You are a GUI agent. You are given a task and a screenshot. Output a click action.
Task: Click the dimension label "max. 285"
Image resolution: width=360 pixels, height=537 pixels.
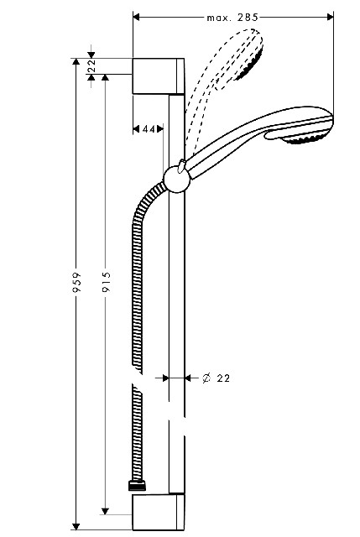(x=232, y=18)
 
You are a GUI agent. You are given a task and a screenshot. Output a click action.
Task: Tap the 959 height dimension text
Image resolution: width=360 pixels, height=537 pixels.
(x=78, y=282)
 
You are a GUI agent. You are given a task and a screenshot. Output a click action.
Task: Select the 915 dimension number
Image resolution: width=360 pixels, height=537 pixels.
(x=107, y=282)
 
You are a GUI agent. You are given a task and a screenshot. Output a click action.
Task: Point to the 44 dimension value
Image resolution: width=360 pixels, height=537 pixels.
(x=148, y=129)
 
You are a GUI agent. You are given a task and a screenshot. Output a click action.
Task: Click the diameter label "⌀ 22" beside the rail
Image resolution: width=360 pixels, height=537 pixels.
(x=217, y=378)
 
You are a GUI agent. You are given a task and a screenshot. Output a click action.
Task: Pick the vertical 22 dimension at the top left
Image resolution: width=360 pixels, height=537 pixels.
(x=91, y=65)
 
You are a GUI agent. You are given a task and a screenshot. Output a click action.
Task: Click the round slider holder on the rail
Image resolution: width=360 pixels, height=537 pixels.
(x=177, y=180)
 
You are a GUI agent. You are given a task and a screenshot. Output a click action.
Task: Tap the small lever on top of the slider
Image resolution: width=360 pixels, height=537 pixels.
(x=181, y=165)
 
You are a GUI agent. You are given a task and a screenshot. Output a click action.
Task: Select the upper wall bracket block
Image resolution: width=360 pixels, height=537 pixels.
(x=159, y=76)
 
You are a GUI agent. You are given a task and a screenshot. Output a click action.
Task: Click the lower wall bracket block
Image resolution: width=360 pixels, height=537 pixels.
(x=159, y=512)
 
